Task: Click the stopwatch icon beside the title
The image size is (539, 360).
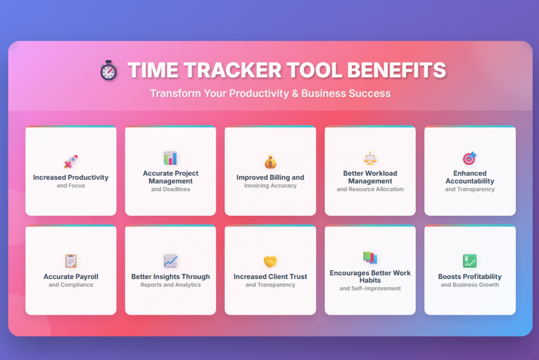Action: pyautogui.click(x=108, y=71)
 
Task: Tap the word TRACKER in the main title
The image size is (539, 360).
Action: pyautogui.click(x=233, y=70)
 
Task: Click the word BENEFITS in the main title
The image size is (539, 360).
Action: pyautogui.click(x=397, y=70)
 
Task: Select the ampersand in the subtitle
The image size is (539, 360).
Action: pyautogui.click(x=295, y=94)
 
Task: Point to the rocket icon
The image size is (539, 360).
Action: pyautogui.click(x=71, y=162)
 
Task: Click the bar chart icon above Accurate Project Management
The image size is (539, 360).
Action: pyautogui.click(x=171, y=158)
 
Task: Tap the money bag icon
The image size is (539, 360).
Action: pyautogui.click(x=271, y=162)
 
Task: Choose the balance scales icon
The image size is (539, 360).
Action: pyautogui.click(x=370, y=158)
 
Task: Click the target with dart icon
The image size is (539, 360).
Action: pyautogui.click(x=470, y=158)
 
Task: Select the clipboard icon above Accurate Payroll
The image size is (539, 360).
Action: pyautogui.click(x=71, y=261)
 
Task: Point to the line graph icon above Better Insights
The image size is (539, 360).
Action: pyautogui.click(x=171, y=261)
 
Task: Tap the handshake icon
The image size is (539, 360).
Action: pyautogui.click(x=271, y=262)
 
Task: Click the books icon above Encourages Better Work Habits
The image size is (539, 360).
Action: pyautogui.click(x=370, y=257)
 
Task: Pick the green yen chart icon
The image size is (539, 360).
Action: pyautogui.click(x=470, y=261)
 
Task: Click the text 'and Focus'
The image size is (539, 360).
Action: pyautogui.click(x=71, y=186)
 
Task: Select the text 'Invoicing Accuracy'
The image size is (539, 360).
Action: pyautogui.click(x=270, y=186)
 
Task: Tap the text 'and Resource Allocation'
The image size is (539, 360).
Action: pyautogui.click(x=370, y=189)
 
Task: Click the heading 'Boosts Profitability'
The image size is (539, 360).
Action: pyautogui.click(x=470, y=276)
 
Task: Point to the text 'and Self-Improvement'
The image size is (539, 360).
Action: pyautogui.click(x=370, y=288)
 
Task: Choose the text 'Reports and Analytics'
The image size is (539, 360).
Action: pyautogui.click(x=171, y=285)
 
